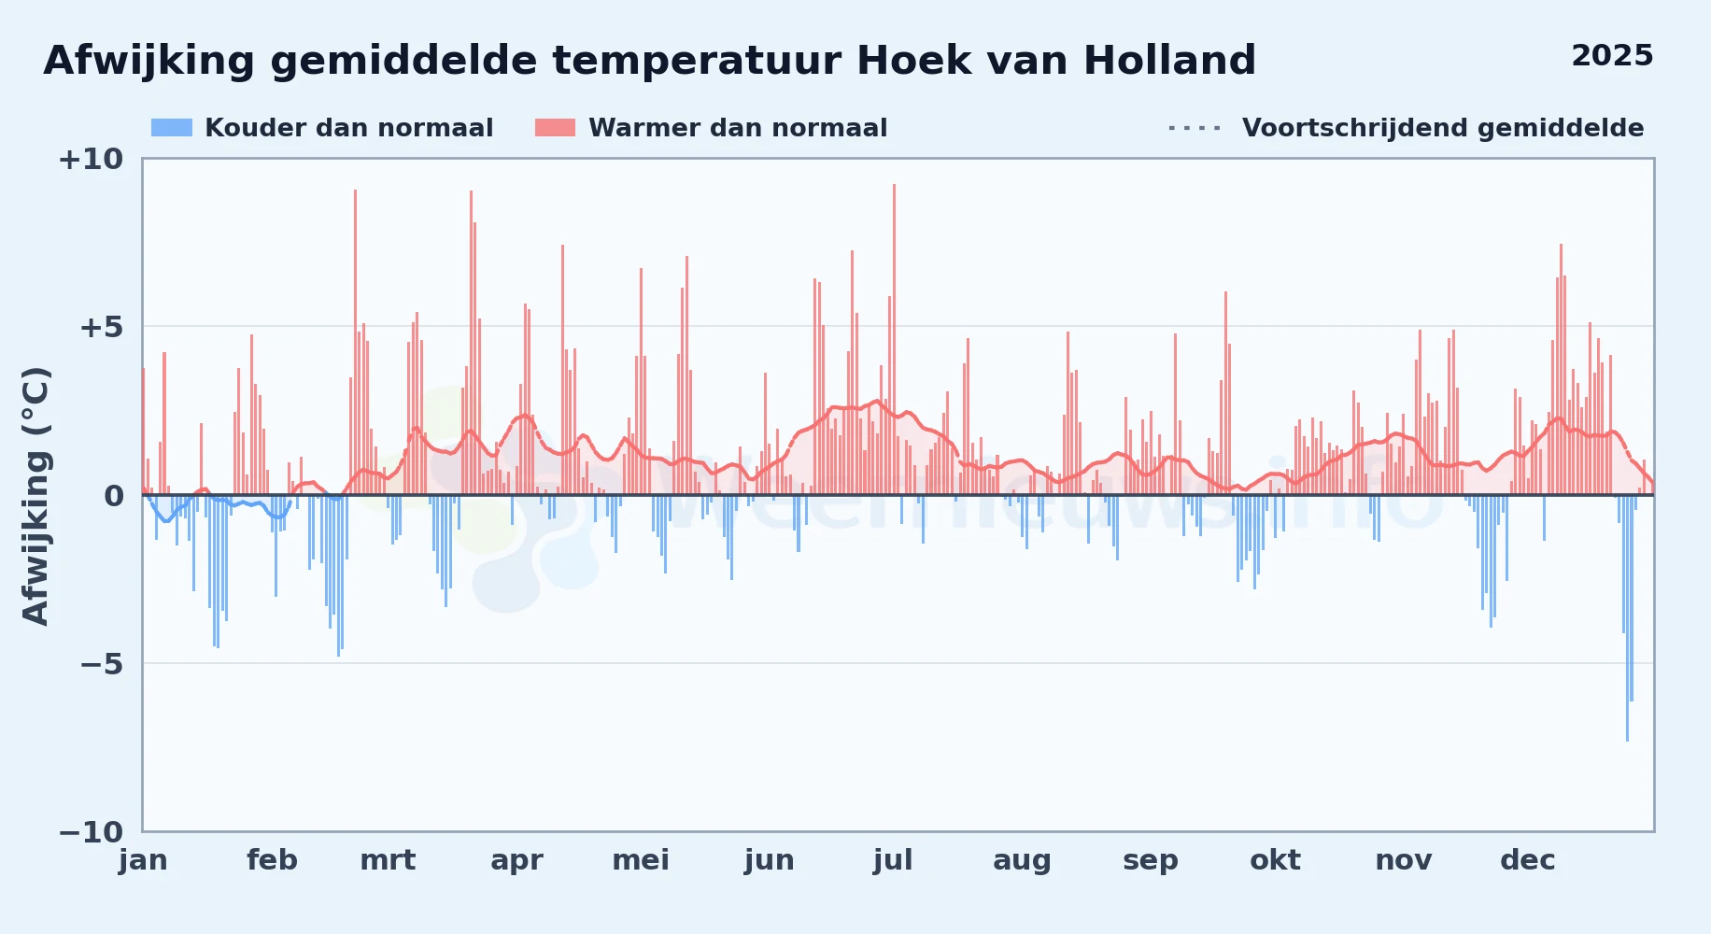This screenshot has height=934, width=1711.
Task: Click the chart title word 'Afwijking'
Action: click(x=149, y=62)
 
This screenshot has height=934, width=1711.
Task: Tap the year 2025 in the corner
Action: click(x=1612, y=56)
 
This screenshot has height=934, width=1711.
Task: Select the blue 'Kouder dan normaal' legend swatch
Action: click(x=172, y=128)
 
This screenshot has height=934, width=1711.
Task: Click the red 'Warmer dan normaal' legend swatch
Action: click(x=555, y=128)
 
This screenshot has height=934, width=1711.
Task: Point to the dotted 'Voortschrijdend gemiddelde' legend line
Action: click(x=1195, y=128)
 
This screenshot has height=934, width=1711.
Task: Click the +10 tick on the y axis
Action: click(x=91, y=160)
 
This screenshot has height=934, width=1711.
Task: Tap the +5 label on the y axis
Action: click(x=101, y=328)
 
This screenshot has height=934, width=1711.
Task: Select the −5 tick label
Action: click(x=101, y=664)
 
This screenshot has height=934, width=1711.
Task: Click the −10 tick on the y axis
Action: click(x=91, y=832)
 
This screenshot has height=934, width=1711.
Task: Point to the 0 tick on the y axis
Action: click(x=114, y=496)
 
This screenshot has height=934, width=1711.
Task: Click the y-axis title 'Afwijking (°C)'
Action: click(x=35, y=496)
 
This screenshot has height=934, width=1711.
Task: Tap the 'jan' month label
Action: click(x=143, y=860)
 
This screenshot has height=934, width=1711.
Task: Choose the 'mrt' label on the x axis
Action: click(x=388, y=860)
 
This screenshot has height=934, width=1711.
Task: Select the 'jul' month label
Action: click(x=893, y=860)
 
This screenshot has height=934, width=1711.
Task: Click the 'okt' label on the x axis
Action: click(x=1275, y=860)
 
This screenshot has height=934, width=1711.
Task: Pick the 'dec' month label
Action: click(x=1528, y=860)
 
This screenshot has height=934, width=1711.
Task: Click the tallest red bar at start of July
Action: click(x=894, y=339)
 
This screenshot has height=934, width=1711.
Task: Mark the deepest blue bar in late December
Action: click(x=1627, y=618)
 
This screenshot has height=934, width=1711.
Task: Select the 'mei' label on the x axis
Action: click(x=641, y=860)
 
